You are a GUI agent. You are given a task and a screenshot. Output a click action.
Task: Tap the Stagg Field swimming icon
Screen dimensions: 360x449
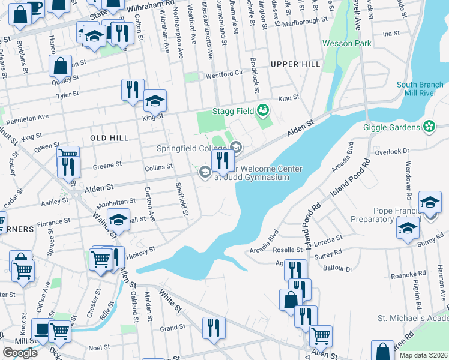point(262,110)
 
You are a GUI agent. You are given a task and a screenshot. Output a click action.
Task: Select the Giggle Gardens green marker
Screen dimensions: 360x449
point(429,127)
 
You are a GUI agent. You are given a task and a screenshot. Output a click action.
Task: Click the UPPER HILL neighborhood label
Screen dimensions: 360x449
point(292,64)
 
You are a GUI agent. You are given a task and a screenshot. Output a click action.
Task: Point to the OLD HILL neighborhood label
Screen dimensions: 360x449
point(109,138)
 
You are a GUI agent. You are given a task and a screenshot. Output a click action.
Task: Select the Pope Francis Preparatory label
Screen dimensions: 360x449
point(390,215)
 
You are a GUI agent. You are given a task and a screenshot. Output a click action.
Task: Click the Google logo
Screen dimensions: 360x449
point(20,352)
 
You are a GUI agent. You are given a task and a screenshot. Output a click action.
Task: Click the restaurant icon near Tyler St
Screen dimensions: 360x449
point(131,90)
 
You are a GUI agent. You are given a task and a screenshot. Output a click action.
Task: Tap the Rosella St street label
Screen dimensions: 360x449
point(289,250)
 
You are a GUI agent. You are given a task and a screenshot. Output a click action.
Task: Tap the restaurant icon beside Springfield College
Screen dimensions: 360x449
point(222,160)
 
